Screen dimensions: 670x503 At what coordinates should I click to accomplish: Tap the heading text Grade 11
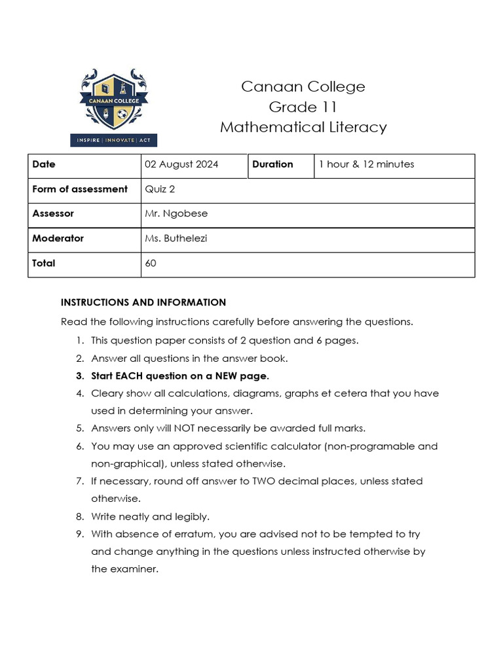(303, 107)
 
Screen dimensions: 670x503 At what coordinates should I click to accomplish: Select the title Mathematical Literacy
(303, 127)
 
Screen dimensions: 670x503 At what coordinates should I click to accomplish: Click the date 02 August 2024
(181, 164)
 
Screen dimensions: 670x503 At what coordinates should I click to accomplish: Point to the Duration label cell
(272, 164)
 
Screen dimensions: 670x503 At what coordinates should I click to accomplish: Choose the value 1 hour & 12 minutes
(366, 164)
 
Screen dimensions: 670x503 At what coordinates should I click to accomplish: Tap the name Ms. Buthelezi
(176, 239)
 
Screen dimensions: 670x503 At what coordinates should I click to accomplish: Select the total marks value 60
(151, 264)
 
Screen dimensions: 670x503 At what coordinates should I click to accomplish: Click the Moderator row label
(58, 239)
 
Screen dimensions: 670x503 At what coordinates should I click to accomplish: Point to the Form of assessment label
(80, 189)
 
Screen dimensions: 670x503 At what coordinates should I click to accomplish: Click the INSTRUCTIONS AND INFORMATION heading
(143, 302)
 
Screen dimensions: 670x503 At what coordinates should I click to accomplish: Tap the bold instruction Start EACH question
(180, 376)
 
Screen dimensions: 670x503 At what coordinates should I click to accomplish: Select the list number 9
(79, 534)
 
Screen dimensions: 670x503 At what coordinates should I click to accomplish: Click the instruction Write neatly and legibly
(151, 516)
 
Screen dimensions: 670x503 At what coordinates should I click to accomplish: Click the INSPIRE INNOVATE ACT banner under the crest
(113, 140)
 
